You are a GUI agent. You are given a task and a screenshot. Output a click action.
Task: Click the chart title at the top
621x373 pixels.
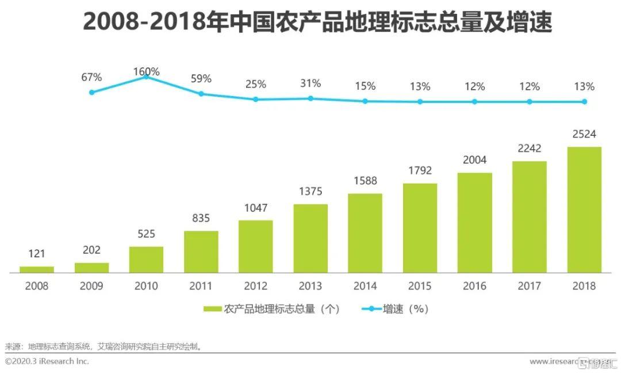tap(317, 22)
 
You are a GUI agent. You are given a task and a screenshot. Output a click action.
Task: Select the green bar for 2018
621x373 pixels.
tap(584, 210)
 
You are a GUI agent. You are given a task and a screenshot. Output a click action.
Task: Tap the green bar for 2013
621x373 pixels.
tap(310, 238)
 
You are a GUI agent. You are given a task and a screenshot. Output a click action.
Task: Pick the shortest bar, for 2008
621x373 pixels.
tap(37, 269)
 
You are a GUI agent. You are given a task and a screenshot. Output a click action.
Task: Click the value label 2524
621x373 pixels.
tap(584, 134)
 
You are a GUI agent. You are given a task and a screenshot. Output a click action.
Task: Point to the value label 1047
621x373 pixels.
tap(256, 208)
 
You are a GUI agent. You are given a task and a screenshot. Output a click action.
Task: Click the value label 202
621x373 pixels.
tap(91, 250)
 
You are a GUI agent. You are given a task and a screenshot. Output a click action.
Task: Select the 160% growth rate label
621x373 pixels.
tap(146, 72)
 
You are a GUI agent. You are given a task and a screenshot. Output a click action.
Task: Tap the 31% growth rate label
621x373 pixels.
tap(310, 84)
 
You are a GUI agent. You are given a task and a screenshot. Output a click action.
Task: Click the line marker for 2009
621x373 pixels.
tap(91, 92)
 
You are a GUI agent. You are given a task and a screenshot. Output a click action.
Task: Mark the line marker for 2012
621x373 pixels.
tap(256, 99)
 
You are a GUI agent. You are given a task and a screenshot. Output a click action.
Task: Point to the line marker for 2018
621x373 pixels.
tap(584, 101)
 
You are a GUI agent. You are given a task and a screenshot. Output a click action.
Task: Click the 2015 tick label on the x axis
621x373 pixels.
tap(420, 286)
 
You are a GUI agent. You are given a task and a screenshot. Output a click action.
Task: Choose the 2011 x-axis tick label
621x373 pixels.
tap(201, 286)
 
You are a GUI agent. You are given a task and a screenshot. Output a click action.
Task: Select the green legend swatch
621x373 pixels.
tap(213, 309)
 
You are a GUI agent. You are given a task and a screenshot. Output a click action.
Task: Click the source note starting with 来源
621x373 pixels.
tap(103, 347)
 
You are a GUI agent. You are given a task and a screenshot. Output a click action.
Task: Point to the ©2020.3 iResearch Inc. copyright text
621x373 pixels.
tap(47, 361)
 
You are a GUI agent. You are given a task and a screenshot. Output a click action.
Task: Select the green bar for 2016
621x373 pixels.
tap(475, 222)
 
